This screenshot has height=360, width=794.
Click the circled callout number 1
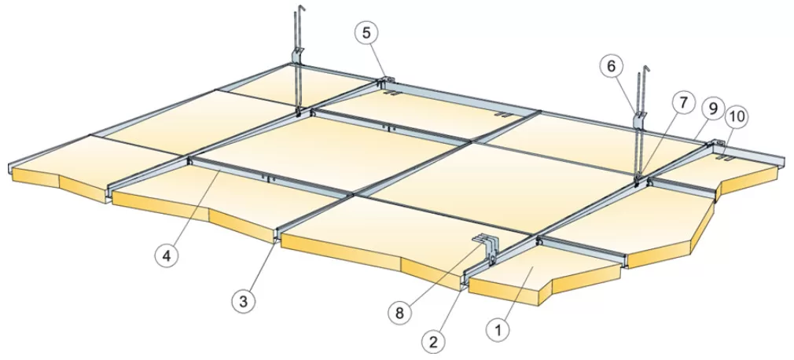point(498,330)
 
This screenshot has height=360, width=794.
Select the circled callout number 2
point(433,342)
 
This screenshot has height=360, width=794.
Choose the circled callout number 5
point(366,33)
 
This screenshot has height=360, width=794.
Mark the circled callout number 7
point(684,103)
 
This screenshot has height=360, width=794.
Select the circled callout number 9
point(713,108)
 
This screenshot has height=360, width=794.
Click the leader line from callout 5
point(377,61)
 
